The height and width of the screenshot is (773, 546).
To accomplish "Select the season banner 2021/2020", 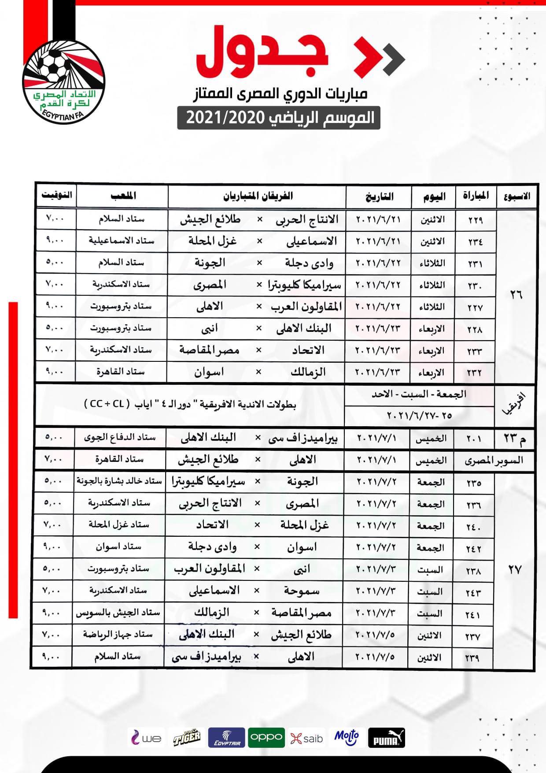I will (x=279, y=118).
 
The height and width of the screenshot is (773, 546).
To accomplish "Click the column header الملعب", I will (x=123, y=195).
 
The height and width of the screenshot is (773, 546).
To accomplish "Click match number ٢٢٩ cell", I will (x=475, y=220).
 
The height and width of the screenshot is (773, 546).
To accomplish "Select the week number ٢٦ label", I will (x=516, y=295).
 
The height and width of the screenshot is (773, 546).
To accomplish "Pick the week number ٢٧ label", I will (x=514, y=570).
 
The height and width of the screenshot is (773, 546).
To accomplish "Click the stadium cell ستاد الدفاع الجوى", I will (x=120, y=438).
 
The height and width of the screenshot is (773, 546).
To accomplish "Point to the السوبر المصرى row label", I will (x=494, y=461).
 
